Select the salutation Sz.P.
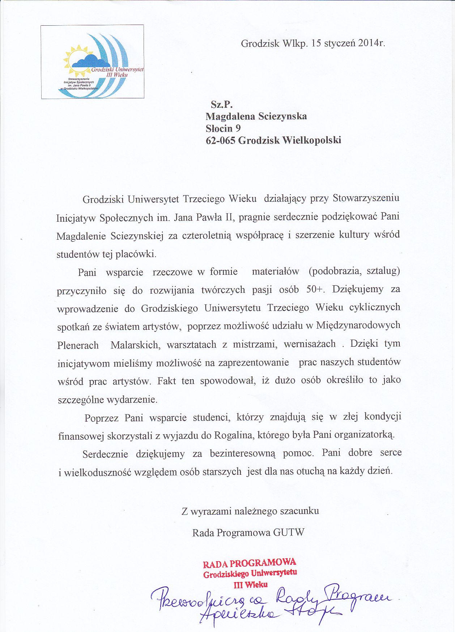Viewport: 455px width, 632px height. [x=221, y=104]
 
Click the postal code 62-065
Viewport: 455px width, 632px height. [x=220, y=140]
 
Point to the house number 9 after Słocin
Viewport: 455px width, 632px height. [x=238, y=128]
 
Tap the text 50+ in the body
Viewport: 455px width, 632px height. [x=316, y=290]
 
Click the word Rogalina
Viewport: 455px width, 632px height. [x=233, y=435]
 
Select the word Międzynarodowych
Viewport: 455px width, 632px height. [x=358, y=325]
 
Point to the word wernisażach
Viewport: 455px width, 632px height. [x=310, y=344]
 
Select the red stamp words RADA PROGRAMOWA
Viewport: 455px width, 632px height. [x=249, y=563]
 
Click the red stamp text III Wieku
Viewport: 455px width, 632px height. [x=251, y=584]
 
